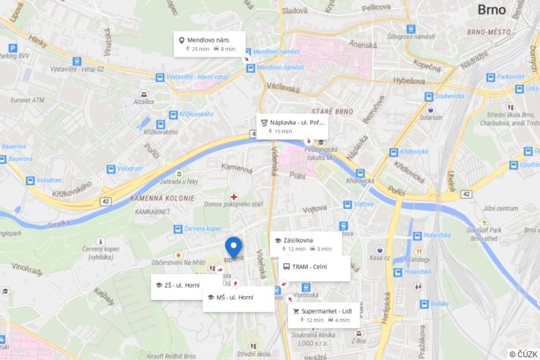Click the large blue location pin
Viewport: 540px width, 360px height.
234,248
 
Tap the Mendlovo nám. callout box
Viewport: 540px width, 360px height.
209,44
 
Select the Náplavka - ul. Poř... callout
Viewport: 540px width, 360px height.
292,126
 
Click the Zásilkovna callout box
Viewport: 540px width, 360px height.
305,243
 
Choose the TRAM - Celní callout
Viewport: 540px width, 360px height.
314,268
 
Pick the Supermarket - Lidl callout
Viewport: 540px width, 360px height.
323,315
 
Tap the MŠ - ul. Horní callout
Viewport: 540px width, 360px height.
238,298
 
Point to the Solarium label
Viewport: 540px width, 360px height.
431,117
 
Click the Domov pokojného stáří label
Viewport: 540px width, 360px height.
234,204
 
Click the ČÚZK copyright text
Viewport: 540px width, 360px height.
523,354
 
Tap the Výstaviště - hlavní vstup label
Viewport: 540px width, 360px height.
197,76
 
